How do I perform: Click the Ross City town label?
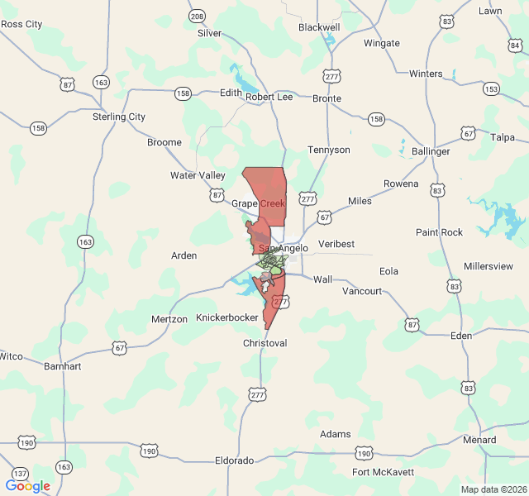pos(21,24)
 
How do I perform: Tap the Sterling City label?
pos(118,117)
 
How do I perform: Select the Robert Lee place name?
pos(269,97)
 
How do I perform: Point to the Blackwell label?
pos(319,27)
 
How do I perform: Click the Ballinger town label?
pos(431,151)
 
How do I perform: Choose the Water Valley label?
pos(198,175)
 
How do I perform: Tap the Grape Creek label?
pos(258,203)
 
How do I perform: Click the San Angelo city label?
pos(284,248)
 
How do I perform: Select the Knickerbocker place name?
pos(227,317)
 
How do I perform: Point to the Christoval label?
pos(264,343)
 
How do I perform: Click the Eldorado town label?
pos(234,460)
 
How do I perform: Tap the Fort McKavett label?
pos(382,473)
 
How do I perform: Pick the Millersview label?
pos(488,266)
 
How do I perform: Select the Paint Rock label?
pos(439,232)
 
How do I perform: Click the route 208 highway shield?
pos(197,17)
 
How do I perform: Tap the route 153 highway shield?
pos(491,88)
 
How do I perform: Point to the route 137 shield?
pos(20,474)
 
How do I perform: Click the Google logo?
pos(27,486)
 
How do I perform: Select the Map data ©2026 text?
pos(493,489)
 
